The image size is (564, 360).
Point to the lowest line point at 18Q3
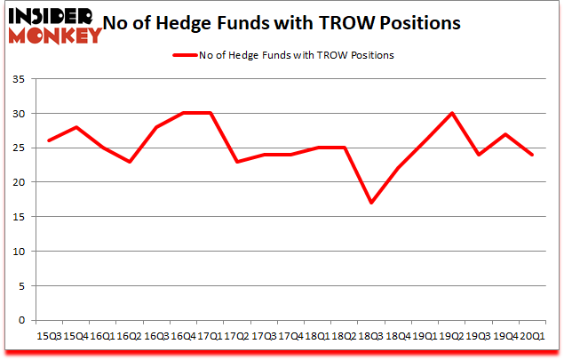(x=370, y=203)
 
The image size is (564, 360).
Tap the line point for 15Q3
(x=49, y=140)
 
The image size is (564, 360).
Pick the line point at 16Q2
(x=129, y=161)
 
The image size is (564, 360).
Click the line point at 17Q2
(x=236, y=161)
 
